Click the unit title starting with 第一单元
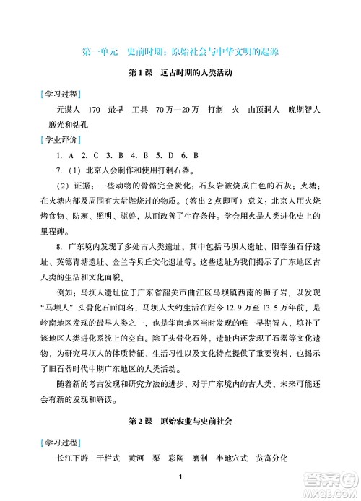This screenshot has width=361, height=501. (x=180, y=51)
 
